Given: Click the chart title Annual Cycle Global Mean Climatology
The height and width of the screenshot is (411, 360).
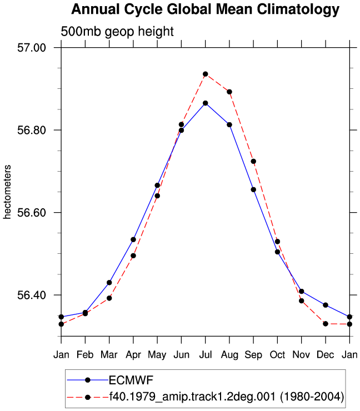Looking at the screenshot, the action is coord(206,9).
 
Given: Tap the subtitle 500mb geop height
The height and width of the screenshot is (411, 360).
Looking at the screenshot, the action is coord(117,32).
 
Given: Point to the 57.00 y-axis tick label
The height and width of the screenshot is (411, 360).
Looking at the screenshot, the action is coord(32,48).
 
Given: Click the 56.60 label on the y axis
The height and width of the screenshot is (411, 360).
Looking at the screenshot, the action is coord(32,213).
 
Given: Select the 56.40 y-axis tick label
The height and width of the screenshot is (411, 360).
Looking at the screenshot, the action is coord(32,295).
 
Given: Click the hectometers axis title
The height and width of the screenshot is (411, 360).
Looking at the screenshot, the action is coord(7,192).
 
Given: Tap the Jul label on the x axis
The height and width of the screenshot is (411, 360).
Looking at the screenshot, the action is coord(206,355).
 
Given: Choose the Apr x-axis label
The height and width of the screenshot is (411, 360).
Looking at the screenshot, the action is coord(133,355).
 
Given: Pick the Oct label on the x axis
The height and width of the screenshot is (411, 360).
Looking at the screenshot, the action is coord(277,355).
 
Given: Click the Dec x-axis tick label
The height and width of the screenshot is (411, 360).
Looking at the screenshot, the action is coord(326,355).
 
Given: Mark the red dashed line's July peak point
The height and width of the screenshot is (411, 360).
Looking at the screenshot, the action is coord(206,74).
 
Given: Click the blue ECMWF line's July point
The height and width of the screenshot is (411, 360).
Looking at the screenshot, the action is coord(206,103).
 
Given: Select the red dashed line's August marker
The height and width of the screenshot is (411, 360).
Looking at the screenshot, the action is coord(229,92).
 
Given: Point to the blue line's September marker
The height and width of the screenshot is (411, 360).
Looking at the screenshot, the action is coord(253,189).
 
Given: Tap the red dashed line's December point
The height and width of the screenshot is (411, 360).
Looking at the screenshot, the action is coord(326,324).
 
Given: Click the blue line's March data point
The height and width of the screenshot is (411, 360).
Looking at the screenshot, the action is coord(109,283).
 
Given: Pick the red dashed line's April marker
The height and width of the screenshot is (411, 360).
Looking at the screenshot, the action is coord(133,255).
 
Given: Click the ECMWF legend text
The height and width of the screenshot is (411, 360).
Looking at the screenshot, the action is coord(131,380).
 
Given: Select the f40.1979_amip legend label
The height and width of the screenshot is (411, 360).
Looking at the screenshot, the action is coord(227,397).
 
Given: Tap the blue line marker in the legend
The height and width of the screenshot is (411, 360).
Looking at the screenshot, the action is coord(88,380).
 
